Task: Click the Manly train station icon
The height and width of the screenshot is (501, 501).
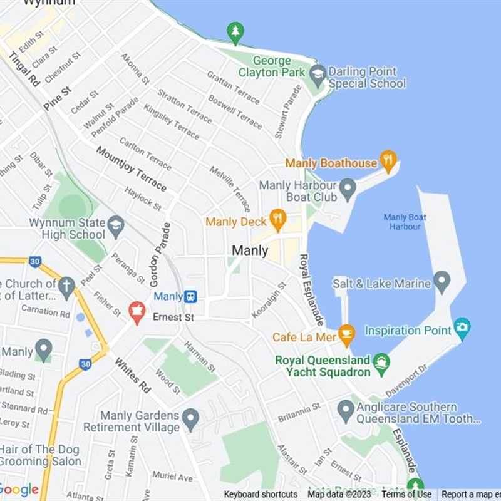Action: point(190,296)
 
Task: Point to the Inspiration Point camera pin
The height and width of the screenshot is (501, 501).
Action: point(462,327)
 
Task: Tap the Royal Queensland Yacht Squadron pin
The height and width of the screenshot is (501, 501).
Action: point(381,362)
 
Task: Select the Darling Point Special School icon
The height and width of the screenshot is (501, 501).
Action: point(318,75)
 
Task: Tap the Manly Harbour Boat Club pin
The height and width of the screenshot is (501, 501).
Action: point(348,187)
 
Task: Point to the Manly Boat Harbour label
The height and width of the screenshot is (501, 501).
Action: point(405,222)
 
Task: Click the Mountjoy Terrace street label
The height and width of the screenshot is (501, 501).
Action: point(132,169)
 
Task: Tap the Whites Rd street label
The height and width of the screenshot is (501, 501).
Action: point(133,376)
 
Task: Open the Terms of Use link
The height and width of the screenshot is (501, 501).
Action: point(406,494)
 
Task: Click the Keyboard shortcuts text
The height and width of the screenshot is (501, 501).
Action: point(261,494)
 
